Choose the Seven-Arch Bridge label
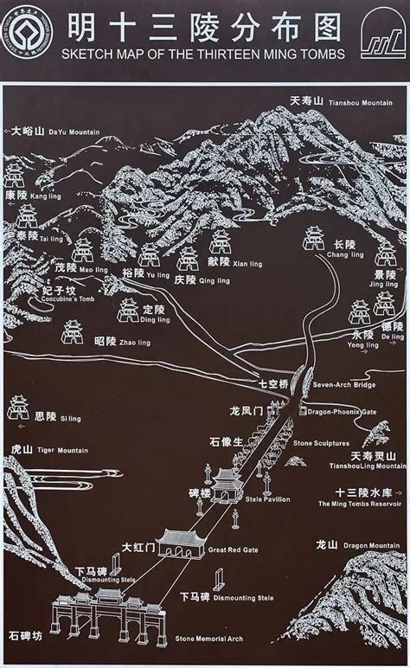click(x=341, y=383)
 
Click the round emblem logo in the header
click(x=26, y=33)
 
